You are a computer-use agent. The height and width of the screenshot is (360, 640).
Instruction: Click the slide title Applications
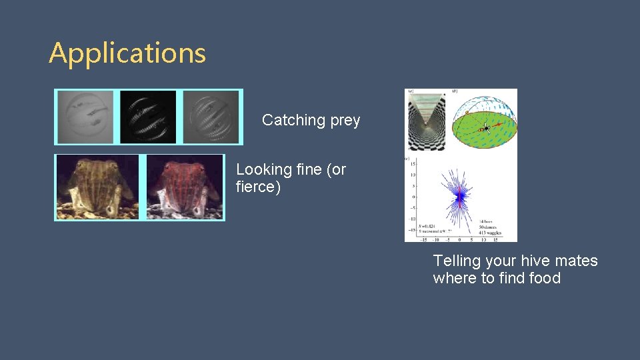[127, 53]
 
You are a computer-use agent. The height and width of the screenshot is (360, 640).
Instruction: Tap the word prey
[345, 121]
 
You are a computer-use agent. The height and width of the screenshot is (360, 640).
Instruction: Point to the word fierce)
[258, 187]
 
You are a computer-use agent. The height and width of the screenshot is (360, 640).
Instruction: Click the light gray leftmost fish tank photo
[85, 117]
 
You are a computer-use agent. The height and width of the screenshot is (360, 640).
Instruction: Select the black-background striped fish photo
[148, 117]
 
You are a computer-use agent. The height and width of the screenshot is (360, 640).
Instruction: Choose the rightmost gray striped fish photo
[211, 117]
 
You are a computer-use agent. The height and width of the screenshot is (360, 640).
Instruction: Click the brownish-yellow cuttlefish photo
[97, 187]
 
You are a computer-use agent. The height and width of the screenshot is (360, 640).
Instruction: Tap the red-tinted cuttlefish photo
[184, 187]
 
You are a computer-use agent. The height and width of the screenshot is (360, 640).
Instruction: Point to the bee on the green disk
[486, 127]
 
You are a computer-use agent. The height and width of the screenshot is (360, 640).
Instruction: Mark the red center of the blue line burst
[459, 196]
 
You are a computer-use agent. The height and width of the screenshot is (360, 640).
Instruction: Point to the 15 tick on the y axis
[413, 163]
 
